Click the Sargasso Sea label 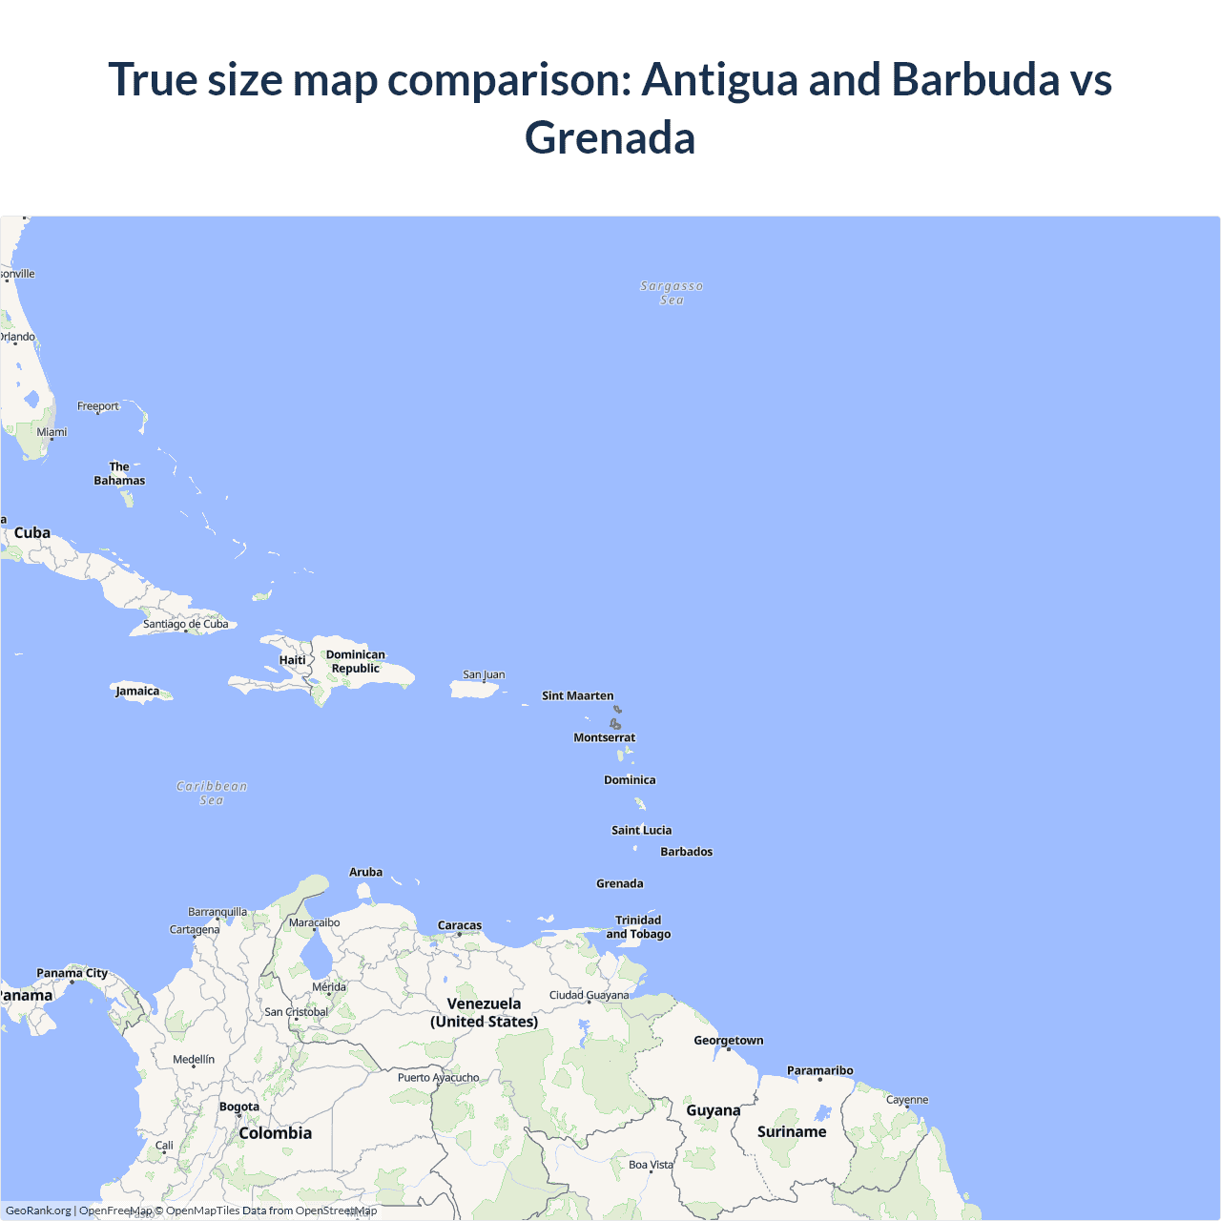[672, 293]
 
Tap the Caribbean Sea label [212, 793]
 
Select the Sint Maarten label [577, 695]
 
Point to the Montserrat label [604, 737]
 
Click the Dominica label [630, 779]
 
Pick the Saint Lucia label [641, 830]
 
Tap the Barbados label [686, 852]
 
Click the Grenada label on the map [619, 883]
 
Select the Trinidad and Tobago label [638, 927]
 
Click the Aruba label [365, 872]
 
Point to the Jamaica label [137, 692]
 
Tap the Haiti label [292, 660]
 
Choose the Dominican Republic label [355, 661]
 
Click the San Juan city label [484, 674]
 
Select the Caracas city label [459, 925]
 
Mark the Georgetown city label [728, 1041]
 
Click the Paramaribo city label [819, 1070]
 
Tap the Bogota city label [238, 1107]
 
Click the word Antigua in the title [719, 79]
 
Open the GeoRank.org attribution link [38, 1211]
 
